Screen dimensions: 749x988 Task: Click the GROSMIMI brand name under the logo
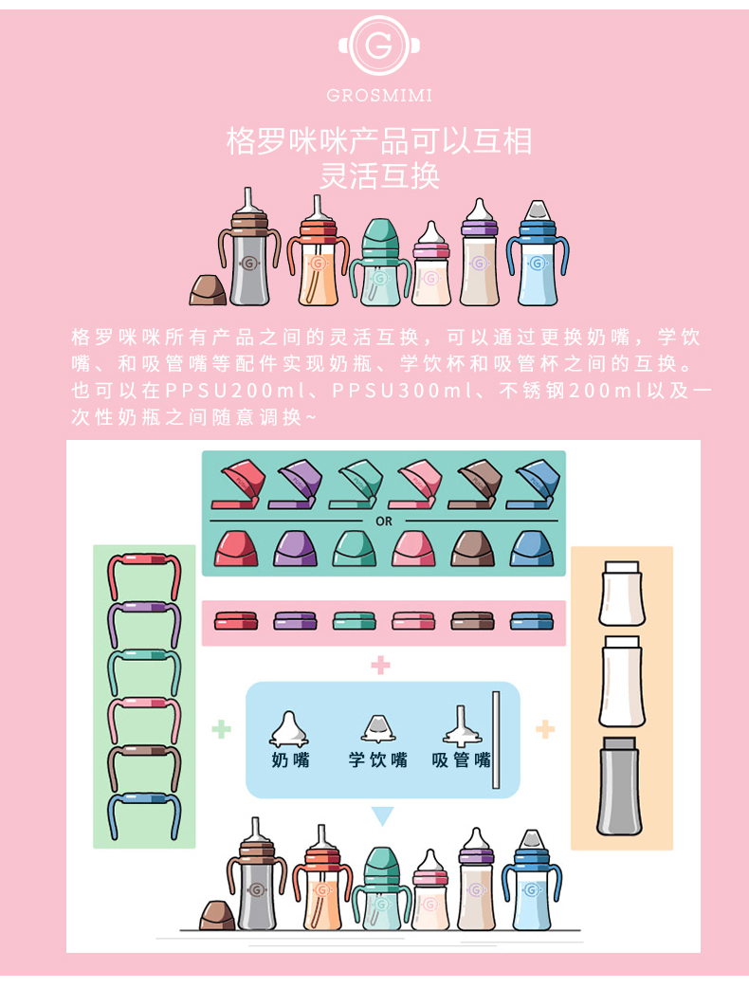379,95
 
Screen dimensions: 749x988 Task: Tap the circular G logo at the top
379,46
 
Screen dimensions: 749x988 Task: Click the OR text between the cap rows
384,521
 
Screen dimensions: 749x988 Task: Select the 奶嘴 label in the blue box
290,759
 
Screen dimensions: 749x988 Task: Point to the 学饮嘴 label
378,759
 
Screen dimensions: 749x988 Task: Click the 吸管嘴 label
461,759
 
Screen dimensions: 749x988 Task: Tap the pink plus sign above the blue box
380,665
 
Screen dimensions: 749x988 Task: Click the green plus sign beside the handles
221,730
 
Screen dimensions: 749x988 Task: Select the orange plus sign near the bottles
545,730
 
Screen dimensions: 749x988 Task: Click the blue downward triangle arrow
382,814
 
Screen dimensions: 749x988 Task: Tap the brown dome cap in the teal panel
473,548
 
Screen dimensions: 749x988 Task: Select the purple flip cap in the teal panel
295,485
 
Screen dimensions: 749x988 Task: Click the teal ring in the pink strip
354,621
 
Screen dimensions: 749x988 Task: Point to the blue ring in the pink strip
532,621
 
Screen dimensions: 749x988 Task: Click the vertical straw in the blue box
496,740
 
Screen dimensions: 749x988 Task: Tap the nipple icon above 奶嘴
288,730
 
